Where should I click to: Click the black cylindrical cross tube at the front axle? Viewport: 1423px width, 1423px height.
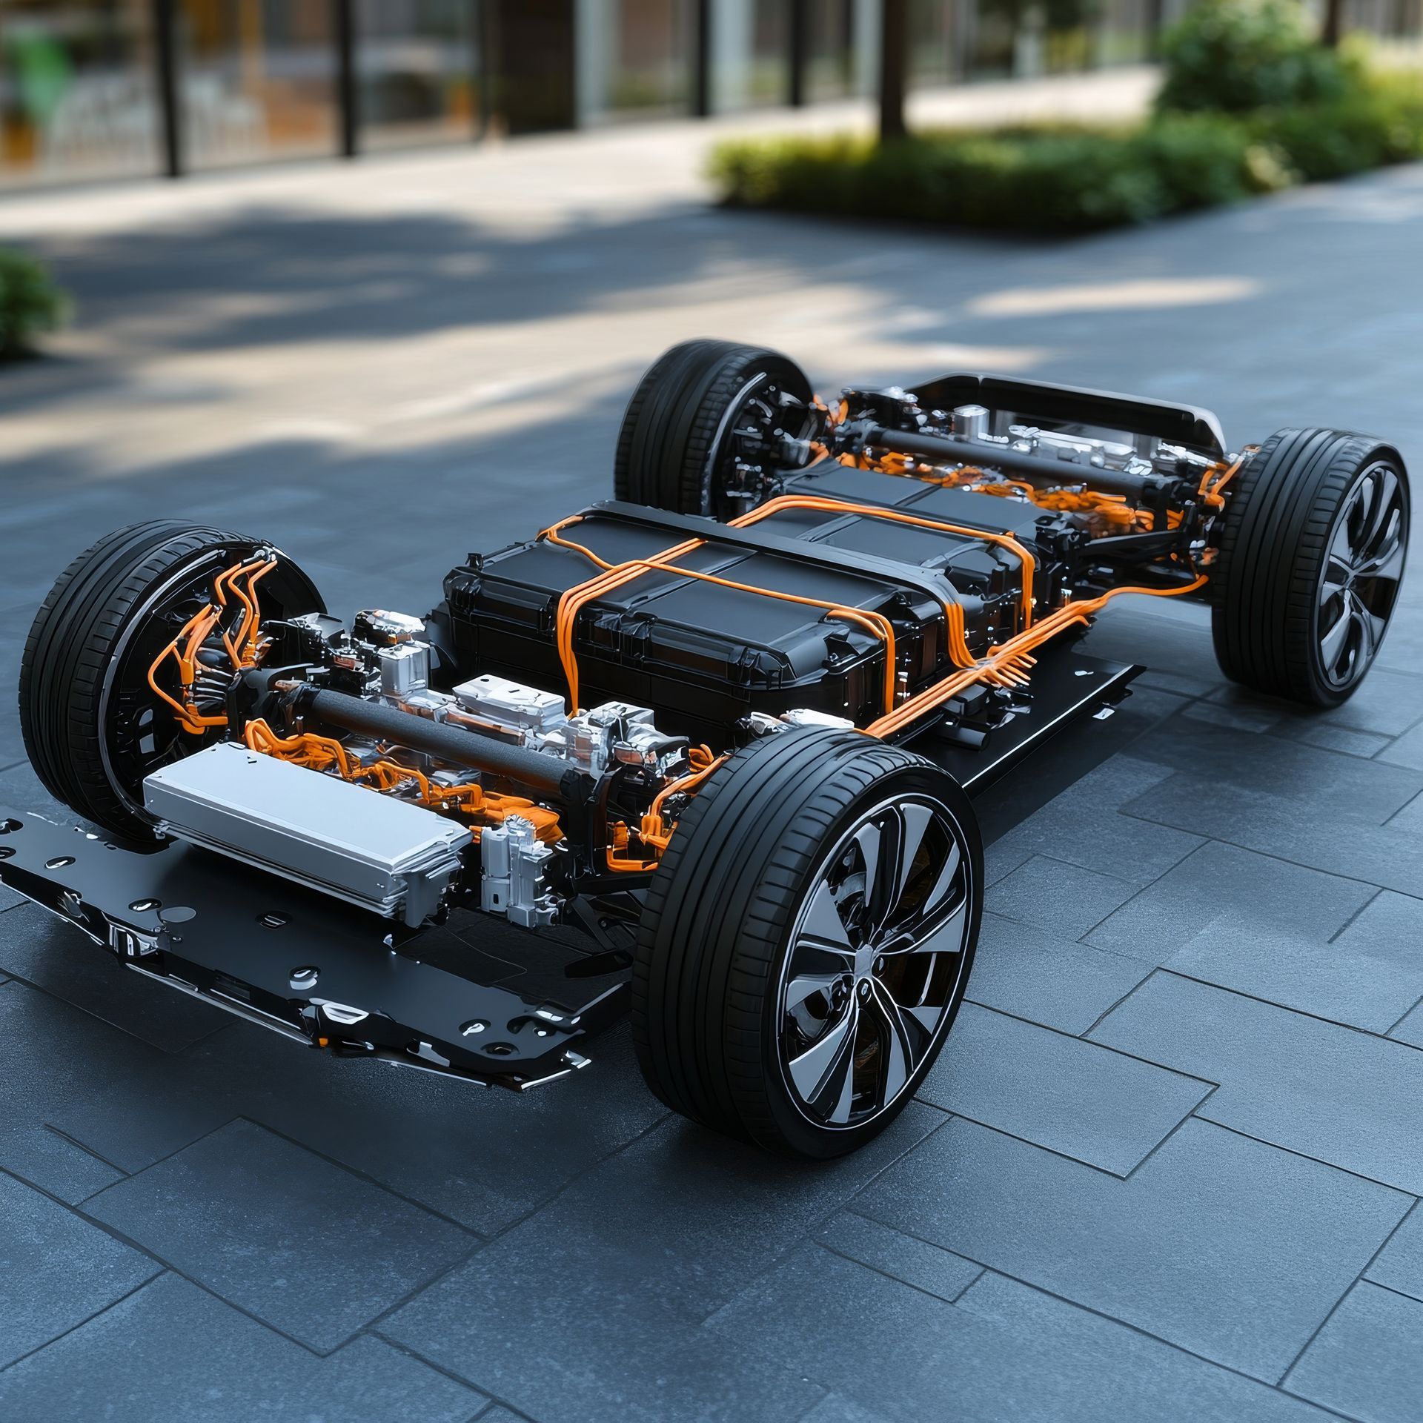pos(437,734)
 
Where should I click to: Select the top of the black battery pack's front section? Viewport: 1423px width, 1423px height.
pos(519,563)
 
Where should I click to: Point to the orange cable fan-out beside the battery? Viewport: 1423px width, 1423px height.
pos(1001,652)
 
